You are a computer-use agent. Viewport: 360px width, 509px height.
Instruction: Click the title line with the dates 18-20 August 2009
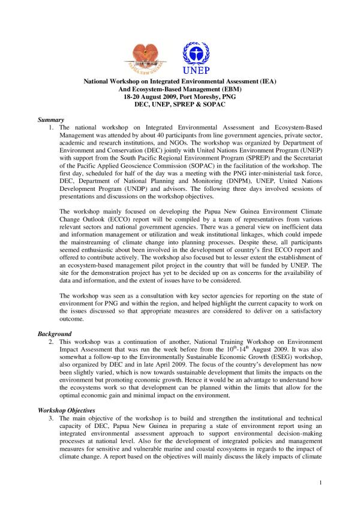click(x=179, y=95)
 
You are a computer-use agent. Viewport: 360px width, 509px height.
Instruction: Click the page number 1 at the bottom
click(x=321, y=482)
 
